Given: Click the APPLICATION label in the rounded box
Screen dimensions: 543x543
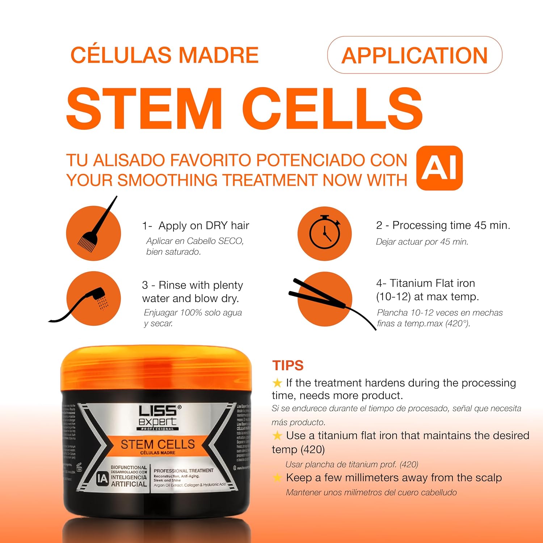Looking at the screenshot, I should coord(414,55).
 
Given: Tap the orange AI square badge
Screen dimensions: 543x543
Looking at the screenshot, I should coord(439,168).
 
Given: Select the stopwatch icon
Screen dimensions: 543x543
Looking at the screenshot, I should coord(325,232).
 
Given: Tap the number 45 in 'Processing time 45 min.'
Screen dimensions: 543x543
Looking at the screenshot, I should coord(480,225).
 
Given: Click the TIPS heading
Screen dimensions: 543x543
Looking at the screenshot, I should coord(288,366).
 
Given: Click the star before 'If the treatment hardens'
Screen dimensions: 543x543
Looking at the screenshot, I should coord(277,383).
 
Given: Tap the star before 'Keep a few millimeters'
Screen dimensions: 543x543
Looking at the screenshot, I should coord(277,478).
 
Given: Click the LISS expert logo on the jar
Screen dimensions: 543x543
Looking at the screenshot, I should coord(158,417).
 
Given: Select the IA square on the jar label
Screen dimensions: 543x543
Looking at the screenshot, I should coord(103,479).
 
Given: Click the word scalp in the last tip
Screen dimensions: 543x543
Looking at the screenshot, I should coord(488,478).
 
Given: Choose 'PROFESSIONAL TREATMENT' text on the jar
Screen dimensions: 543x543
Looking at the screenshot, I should coord(184,471).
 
